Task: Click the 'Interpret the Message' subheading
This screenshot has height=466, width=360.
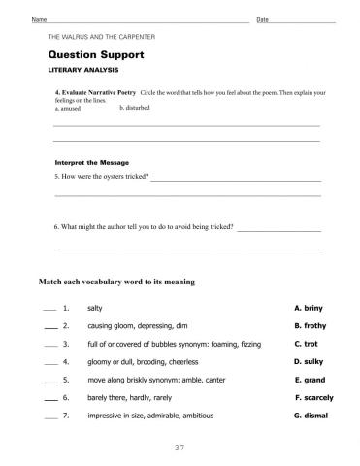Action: point(88,162)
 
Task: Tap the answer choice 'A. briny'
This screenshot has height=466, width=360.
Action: point(308,307)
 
